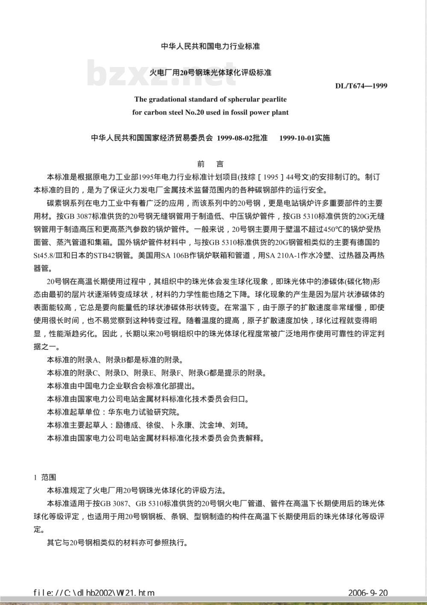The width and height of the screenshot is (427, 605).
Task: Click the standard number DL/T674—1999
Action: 361,86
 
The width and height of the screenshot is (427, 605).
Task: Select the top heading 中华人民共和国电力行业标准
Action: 211,46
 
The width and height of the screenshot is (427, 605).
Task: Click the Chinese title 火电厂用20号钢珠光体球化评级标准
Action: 211,73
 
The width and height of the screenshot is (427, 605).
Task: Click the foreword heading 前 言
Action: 211,164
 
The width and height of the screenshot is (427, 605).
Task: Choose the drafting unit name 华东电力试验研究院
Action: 143,412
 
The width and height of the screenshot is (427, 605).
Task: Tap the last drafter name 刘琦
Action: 240,425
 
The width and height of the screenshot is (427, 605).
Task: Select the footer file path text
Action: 94,593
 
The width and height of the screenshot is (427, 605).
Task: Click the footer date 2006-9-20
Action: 368,593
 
